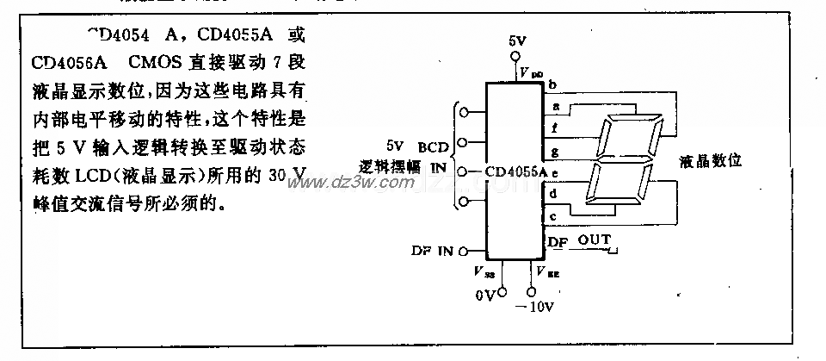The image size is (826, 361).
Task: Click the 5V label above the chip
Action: point(516,41)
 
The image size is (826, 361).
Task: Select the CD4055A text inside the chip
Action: point(515,171)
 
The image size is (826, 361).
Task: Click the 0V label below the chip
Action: point(485,295)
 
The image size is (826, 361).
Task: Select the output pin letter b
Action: point(552,84)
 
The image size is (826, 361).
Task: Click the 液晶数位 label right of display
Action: point(711,160)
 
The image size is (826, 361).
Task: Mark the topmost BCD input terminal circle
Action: point(465,111)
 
